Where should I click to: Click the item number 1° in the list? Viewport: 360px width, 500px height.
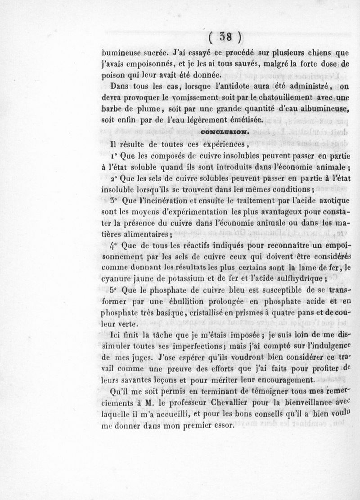click(114, 156)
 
